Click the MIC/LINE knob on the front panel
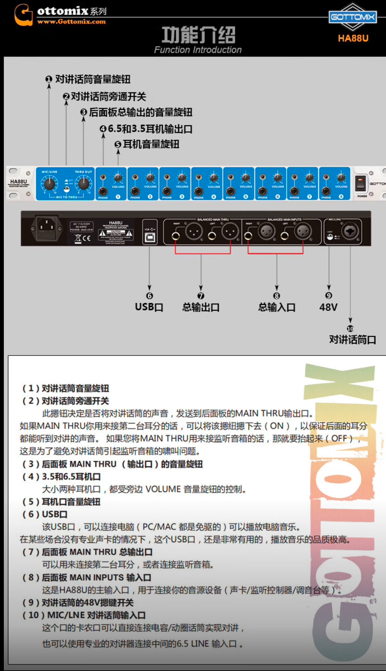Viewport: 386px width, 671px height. tap(49, 184)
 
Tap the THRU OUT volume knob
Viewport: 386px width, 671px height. tap(84, 184)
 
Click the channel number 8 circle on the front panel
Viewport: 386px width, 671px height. tap(341, 197)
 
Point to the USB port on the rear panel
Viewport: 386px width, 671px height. tap(150, 237)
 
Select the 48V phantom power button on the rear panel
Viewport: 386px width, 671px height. tap(330, 237)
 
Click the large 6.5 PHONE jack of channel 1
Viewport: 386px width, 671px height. tap(103, 191)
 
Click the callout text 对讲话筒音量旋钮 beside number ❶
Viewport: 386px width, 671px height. tap(93, 79)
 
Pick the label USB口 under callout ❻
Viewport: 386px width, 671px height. tap(149, 307)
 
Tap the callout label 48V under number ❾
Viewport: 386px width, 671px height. tap(328, 307)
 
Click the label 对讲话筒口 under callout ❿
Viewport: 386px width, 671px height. tap(352, 340)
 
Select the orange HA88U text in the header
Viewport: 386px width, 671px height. tap(353, 38)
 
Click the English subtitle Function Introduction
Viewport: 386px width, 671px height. tap(198, 50)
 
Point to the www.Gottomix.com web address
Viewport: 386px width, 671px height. tap(71, 22)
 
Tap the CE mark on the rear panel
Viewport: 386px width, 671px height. tap(87, 238)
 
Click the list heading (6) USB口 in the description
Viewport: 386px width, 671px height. tap(45, 514)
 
